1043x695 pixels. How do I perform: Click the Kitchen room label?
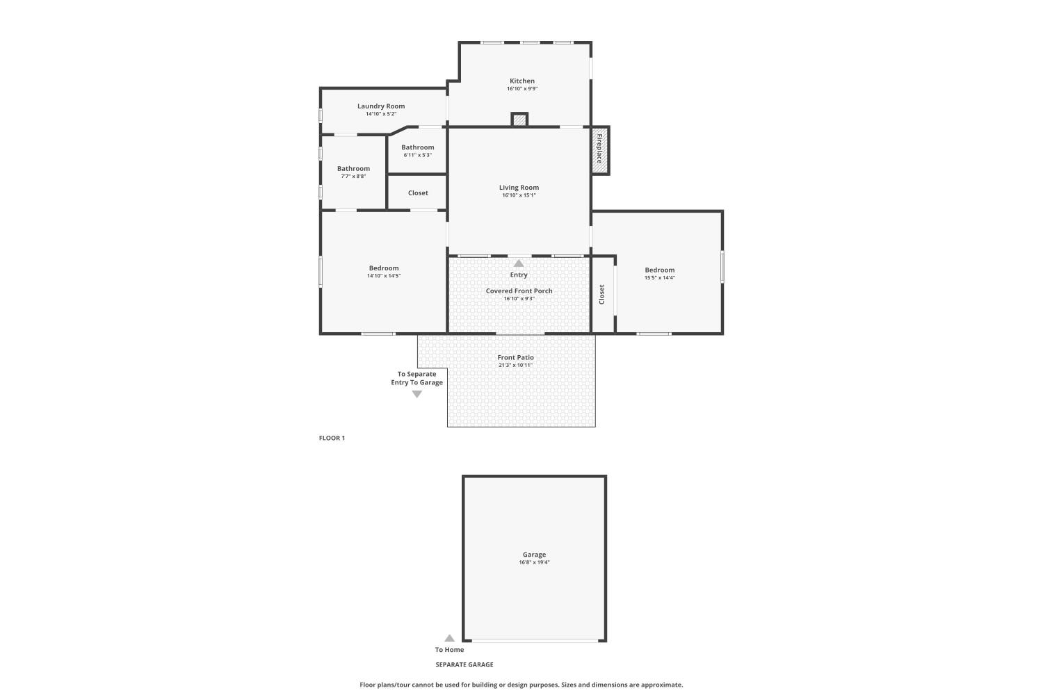pos(522,81)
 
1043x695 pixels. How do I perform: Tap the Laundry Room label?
pos(381,106)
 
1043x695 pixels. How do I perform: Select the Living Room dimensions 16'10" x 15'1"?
pos(519,195)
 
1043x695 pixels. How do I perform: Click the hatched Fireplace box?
pos(599,150)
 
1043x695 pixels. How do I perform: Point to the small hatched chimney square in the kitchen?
pos(519,119)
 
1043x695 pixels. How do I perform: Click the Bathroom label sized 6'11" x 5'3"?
pos(418,147)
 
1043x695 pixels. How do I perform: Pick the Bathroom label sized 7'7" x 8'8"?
pos(353,169)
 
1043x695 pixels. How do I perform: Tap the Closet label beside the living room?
pos(418,193)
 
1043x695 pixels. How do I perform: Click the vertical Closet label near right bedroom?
pos(601,294)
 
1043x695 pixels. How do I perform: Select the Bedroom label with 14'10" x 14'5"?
pos(384,268)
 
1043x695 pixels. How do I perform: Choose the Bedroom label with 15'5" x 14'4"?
pos(659,270)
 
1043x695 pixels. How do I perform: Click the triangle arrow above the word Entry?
pos(519,263)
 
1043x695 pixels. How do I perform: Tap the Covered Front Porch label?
pos(519,291)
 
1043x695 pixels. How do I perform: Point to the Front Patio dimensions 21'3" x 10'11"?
pos(515,365)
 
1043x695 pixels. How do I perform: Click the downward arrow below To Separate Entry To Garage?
pos(417,394)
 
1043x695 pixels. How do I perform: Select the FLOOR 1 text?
pos(332,438)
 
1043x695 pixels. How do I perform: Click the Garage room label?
pos(534,555)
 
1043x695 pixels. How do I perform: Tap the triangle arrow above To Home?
pos(449,638)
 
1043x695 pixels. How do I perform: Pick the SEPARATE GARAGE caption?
pos(464,664)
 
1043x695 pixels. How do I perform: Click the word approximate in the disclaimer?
pos(662,685)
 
